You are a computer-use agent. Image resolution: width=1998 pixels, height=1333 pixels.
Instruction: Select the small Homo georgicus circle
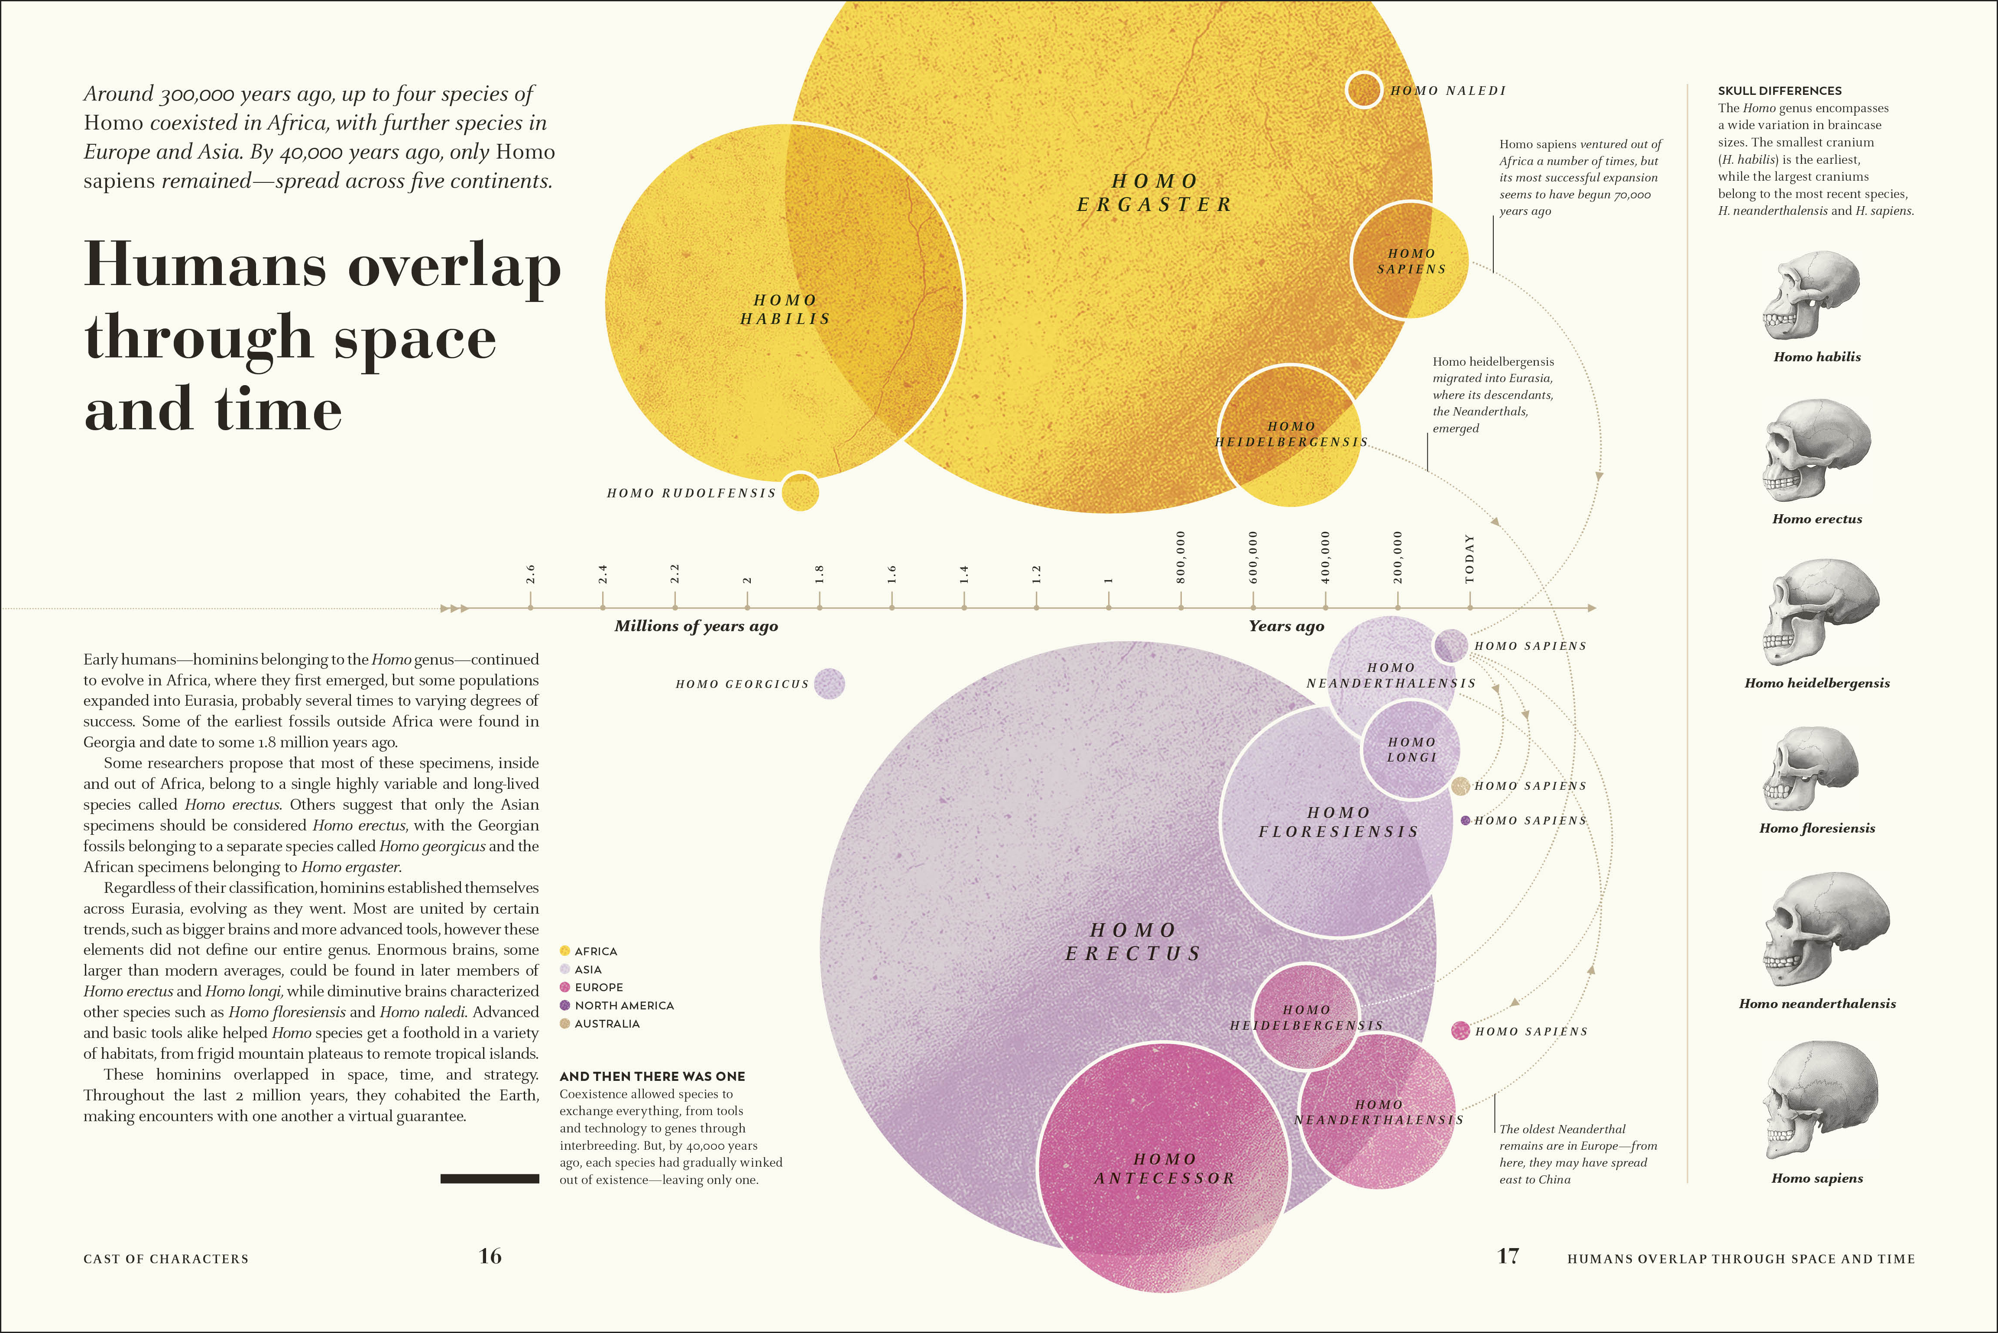829,684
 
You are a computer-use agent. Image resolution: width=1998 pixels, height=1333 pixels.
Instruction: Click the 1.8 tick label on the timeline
820,574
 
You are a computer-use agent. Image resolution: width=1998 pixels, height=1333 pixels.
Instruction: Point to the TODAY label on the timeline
1470,559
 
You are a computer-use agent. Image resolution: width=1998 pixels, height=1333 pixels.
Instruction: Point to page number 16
490,1256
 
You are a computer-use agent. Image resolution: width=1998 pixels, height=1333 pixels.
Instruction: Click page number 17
1508,1256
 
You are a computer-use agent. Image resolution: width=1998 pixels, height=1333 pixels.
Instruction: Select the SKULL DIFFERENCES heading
1780,91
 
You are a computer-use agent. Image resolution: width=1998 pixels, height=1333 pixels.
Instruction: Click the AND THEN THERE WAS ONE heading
652,1076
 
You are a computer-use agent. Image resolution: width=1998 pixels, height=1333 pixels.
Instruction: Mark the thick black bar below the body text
490,1178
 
